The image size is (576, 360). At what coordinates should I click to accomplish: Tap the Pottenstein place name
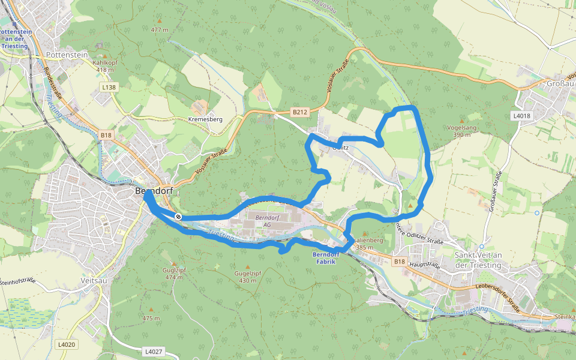[x=67, y=55]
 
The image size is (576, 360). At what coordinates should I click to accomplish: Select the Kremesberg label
[x=205, y=119]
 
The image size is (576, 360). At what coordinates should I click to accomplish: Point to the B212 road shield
[x=299, y=112]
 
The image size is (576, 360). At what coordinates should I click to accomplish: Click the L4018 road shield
[x=521, y=115]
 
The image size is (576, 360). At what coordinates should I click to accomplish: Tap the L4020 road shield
[x=67, y=344]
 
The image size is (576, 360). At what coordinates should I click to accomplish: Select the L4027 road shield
[x=153, y=350]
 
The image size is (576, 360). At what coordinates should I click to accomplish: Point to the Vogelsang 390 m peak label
[x=462, y=131]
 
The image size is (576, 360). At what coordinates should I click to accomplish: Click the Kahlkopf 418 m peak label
[x=104, y=65]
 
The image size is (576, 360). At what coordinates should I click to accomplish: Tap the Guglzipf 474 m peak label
[x=173, y=274]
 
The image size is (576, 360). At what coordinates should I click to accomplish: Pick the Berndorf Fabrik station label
[x=326, y=257]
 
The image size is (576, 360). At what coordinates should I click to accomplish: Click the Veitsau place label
[x=94, y=280]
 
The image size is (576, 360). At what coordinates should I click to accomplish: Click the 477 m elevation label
[x=160, y=29]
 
